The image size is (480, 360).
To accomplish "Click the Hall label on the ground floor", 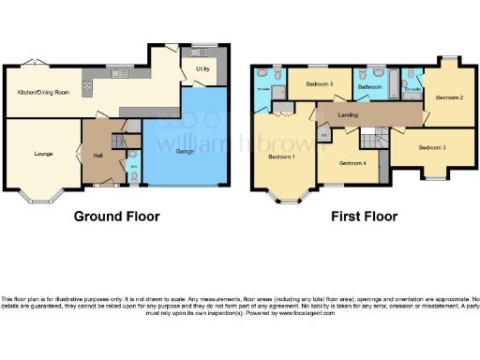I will point(97,156).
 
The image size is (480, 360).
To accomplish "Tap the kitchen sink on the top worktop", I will point(119,72).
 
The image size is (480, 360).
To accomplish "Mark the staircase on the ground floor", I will point(119,141).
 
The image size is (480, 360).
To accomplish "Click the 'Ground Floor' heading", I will point(117,217).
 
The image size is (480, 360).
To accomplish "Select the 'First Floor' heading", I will point(364,217).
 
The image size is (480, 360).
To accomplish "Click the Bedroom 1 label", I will point(280,157).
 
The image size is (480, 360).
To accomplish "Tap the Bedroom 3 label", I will point(431,147).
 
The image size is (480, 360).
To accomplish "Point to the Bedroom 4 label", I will point(352,163).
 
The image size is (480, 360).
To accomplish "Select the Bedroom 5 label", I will point(321,83).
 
